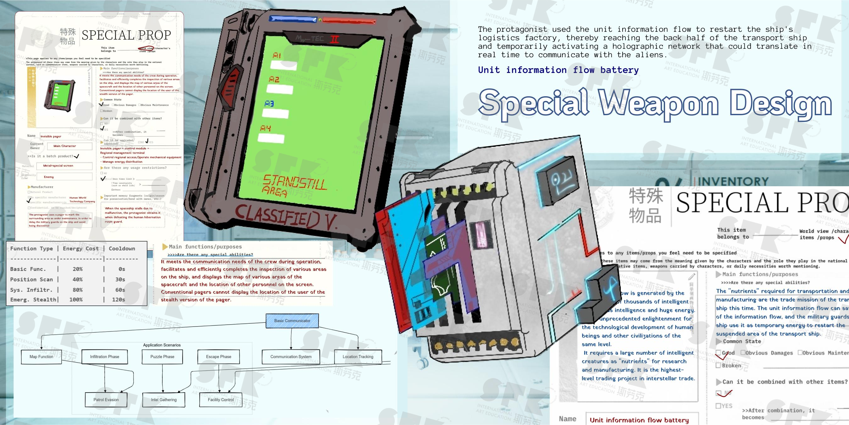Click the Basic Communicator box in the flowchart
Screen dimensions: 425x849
pos(292,321)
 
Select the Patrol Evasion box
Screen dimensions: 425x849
pos(106,400)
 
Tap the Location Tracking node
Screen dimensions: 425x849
pos(358,356)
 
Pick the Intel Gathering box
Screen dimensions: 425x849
pos(164,400)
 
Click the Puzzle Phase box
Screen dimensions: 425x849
pos(162,356)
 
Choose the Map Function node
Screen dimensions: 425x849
pos(41,356)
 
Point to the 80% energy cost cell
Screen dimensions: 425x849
pos(77,290)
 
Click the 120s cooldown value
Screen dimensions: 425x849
pos(118,300)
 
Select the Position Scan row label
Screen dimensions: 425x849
pos(31,280)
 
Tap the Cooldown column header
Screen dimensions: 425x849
pos(122,249)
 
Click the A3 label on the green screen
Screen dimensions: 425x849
pos(269,104)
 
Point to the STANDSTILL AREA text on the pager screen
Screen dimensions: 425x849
pos(293,186)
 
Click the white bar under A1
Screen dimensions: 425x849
pos(283,65)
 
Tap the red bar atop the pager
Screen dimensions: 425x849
pos(348,21)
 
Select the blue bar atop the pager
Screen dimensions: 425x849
pos(293,19)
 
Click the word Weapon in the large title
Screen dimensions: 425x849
pos(659,103)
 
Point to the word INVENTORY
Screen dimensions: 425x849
pos(733,181)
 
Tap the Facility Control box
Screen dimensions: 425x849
pos(220,400)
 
